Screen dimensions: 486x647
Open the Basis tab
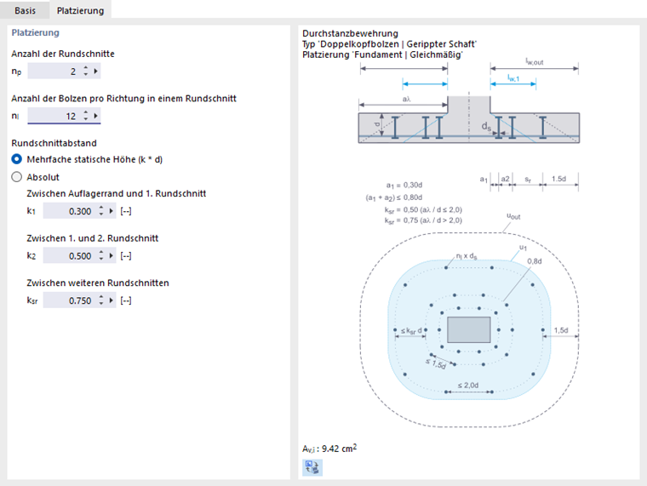tap(25, 10)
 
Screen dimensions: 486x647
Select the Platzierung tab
tap(80, 10)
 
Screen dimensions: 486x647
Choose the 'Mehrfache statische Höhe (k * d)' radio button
tap(17, 159)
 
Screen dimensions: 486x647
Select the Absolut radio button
tap(17, 177)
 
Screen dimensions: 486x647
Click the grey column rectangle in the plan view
tap(468, 329)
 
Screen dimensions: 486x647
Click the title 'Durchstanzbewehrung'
tap(338, 34)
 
